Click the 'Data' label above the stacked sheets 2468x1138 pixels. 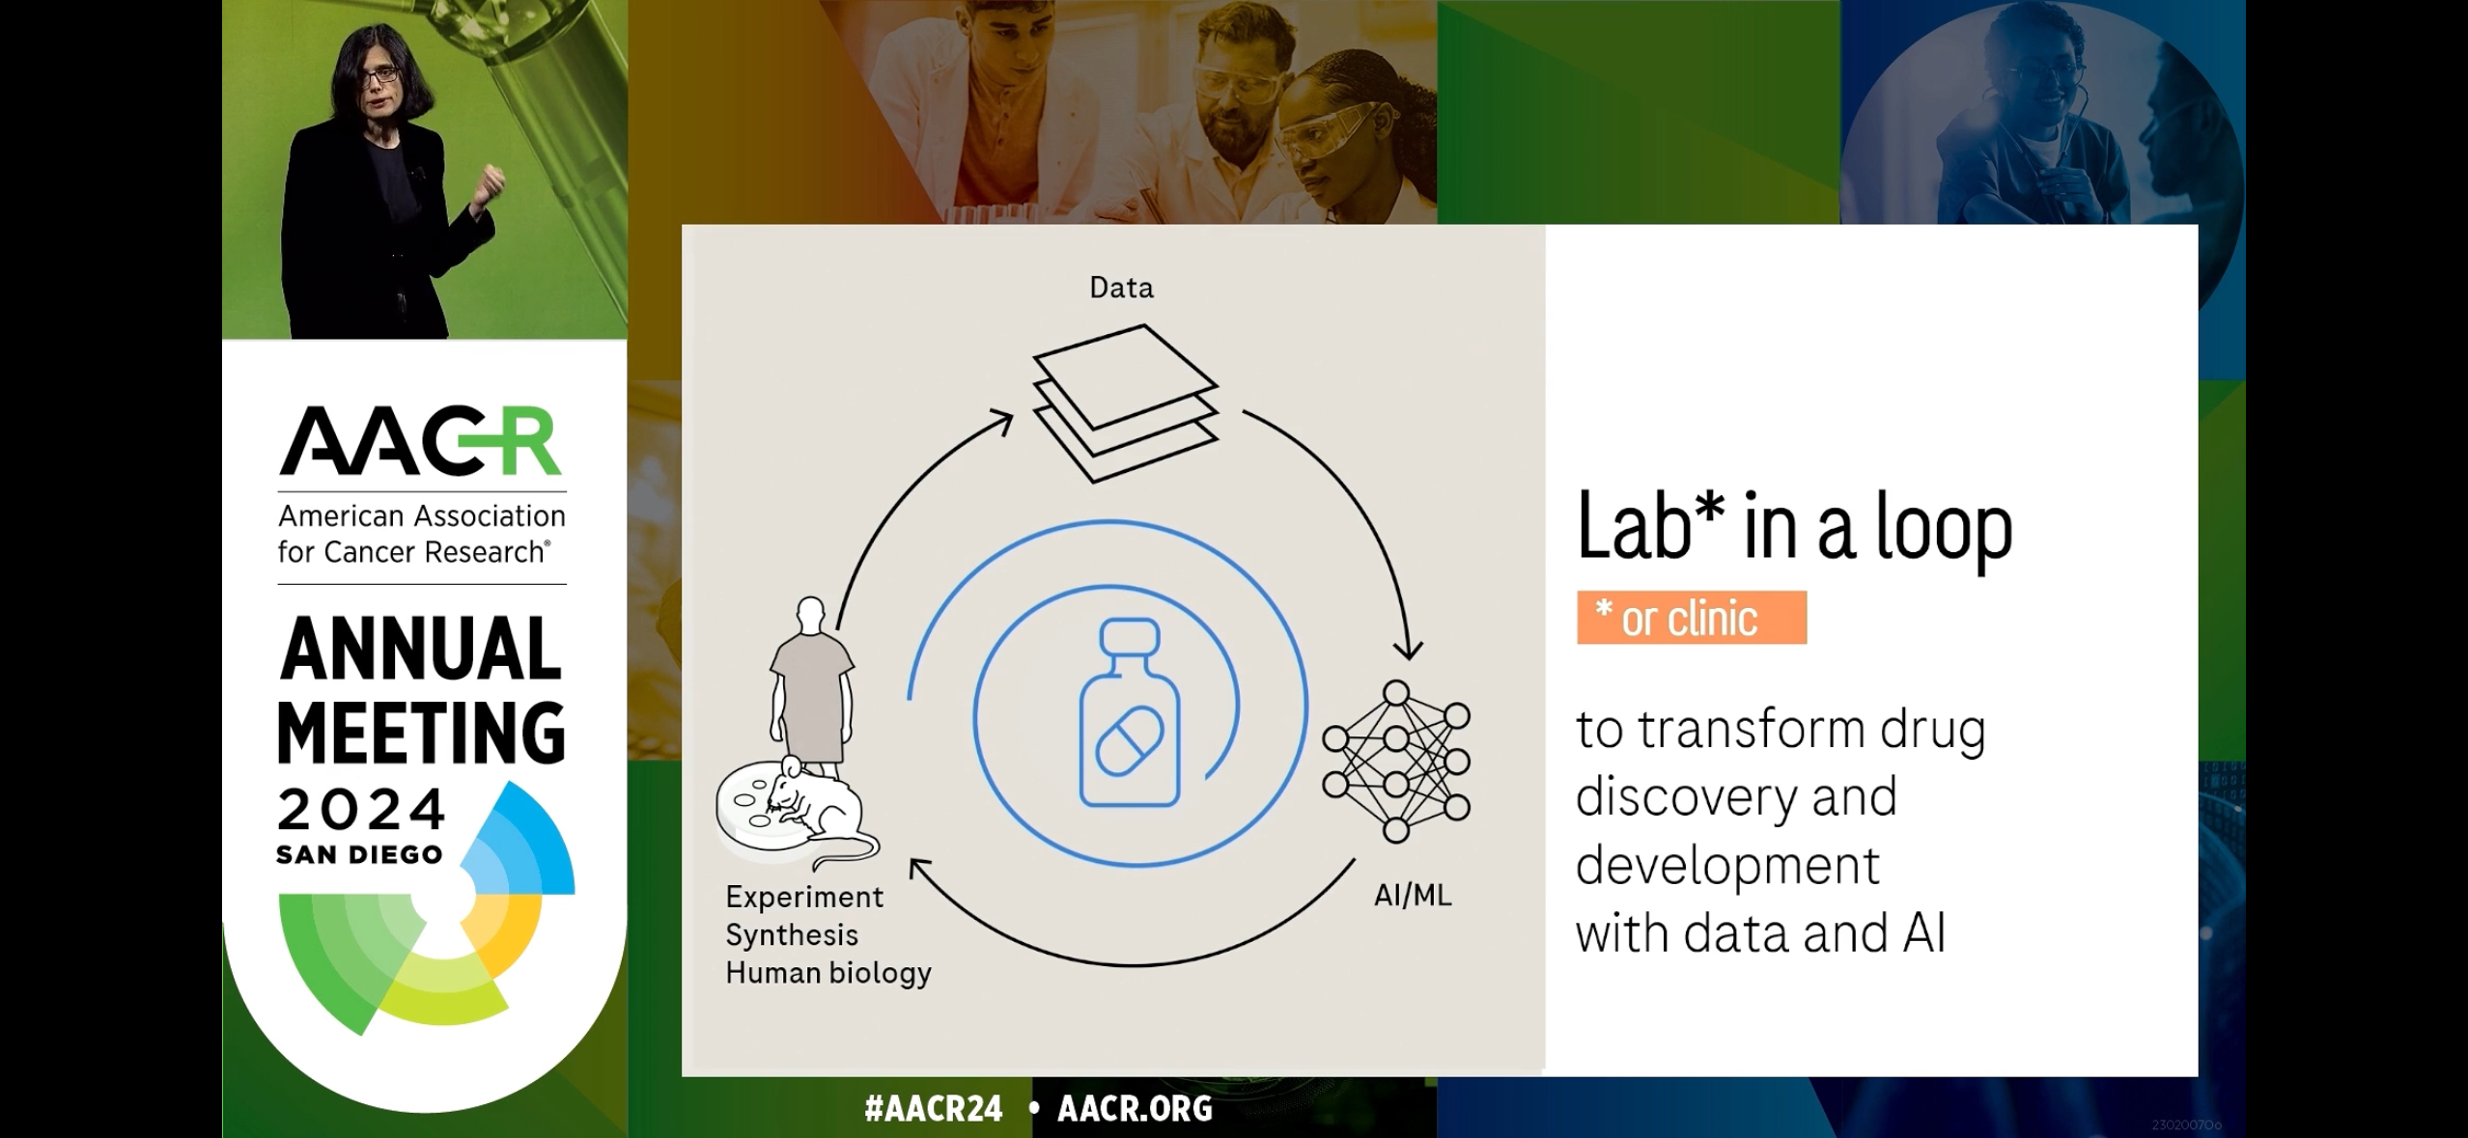click(1121, 288)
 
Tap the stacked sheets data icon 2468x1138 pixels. click(1126, 403)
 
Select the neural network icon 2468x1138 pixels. click(1396, 762)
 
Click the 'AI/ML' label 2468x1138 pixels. click(1413, 896)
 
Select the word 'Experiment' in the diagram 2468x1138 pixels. click(804, 897)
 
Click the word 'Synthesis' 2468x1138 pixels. click(792, 935)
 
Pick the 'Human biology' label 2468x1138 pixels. click(828, 973)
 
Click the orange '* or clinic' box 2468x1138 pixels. click(1692, 618)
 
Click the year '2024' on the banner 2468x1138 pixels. click(361, 809)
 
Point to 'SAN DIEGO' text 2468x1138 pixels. click(359, 855)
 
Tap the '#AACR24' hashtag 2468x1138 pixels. click(934, 1109)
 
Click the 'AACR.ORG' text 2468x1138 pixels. click(1136, 1109)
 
